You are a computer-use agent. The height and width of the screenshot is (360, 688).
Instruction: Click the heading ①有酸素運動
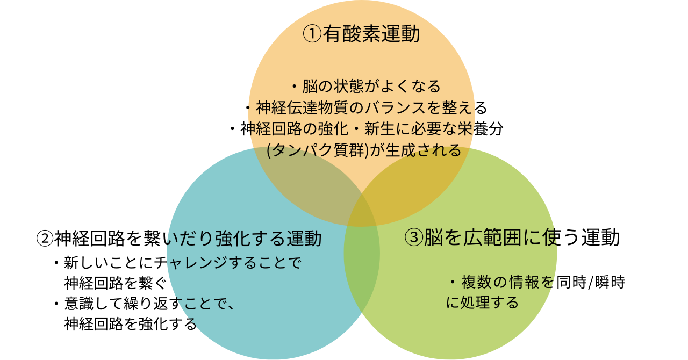361,34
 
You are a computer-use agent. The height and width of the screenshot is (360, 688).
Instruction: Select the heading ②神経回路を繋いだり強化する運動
179,237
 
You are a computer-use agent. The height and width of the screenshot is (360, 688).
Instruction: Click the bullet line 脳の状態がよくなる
365,86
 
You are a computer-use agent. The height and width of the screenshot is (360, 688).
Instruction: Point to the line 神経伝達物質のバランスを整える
365,108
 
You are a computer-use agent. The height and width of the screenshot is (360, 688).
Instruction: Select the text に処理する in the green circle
482,303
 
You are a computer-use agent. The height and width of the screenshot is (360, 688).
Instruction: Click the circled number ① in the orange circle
312,34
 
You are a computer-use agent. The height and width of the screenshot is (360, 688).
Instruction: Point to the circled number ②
45,238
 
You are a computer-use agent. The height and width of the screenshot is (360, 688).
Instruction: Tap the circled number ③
413,238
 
